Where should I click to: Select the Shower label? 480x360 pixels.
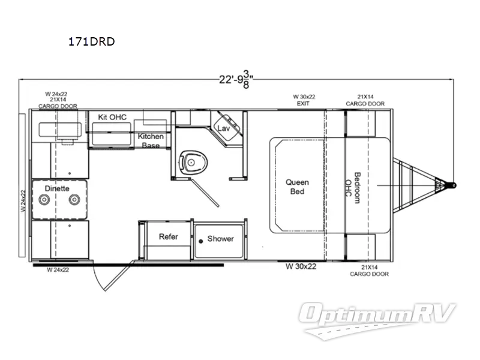click(220, 238)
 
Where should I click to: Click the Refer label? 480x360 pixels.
click(169, 236)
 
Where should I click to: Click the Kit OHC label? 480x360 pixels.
click(112, 117)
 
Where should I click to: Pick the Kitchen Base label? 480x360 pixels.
click(151, 140)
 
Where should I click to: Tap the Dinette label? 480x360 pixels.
click(57, 188)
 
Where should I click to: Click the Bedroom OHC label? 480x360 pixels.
click(353, 188)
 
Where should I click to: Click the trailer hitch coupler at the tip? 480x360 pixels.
click(453, 186)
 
